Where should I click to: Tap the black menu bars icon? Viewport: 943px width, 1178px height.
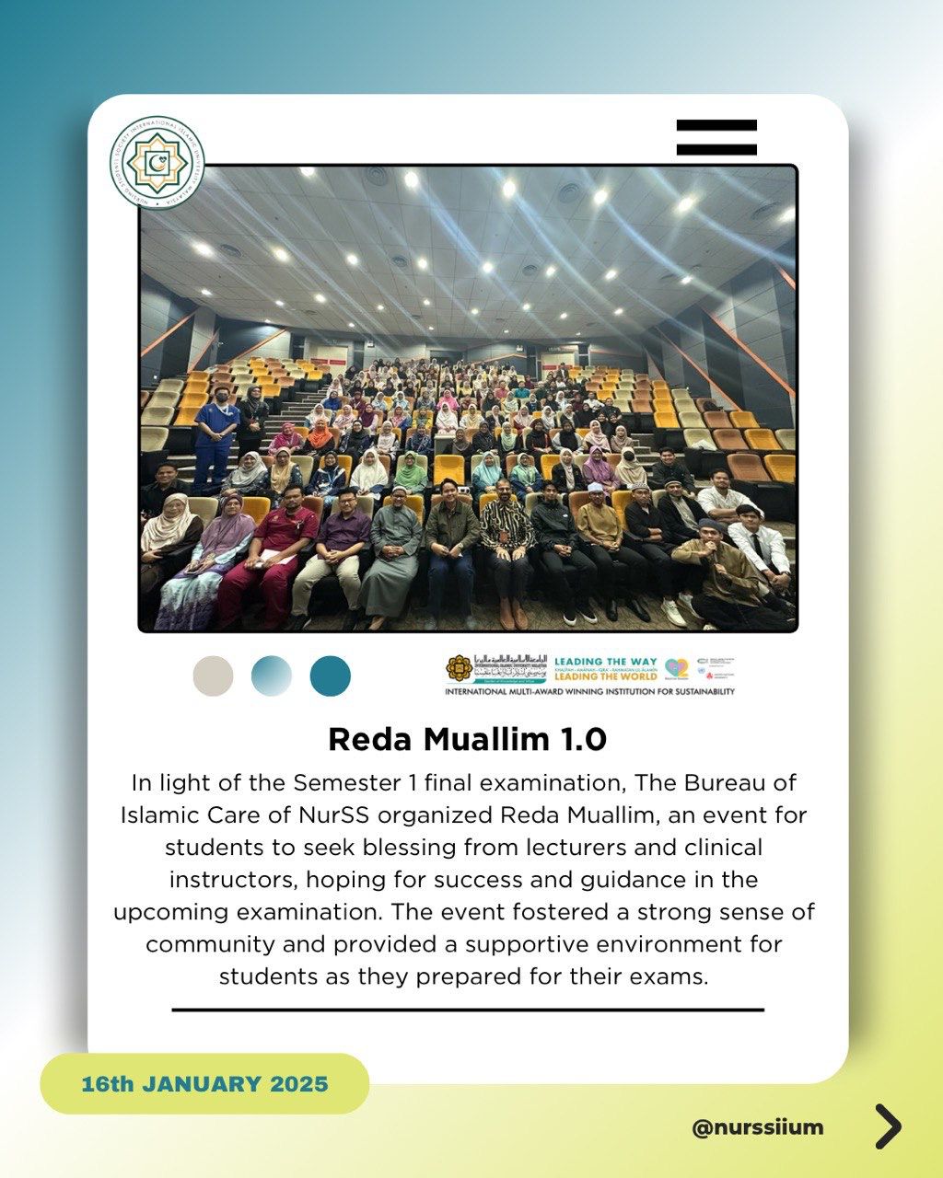click(716, 137)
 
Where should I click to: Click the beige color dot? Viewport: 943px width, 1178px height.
click(213, 676)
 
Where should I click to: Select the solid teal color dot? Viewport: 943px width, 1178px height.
click(330, 676)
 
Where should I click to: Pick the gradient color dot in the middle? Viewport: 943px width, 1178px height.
click(272, 676)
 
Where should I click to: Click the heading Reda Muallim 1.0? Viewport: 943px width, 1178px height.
click(468, 739)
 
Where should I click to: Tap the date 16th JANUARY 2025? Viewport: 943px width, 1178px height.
click(204, 1083)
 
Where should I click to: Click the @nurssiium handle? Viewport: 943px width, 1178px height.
click(758, 1126)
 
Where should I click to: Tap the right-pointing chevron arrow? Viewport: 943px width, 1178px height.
click(888, 1126)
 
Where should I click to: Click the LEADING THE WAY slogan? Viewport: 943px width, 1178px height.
click(605, 662)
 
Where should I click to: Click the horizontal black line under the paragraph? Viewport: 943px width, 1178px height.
click(468, 1010)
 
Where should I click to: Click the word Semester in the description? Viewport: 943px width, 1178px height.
click(345, 783)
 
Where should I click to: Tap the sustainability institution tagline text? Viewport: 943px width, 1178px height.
click(589, 690)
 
